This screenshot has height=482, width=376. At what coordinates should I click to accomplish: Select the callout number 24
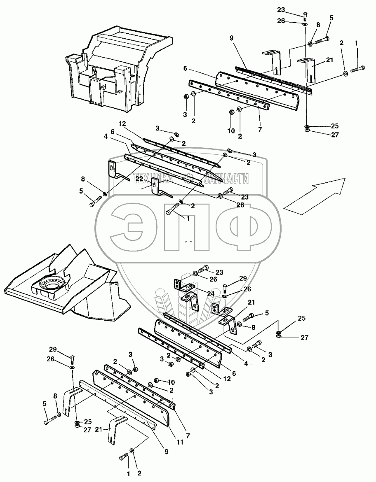click(x=199, y=293)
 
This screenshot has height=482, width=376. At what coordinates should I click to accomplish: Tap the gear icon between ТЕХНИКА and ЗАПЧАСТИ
click(x=188, y=179)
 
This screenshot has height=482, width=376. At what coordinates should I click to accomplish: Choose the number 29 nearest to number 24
click(x=243, y=279)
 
